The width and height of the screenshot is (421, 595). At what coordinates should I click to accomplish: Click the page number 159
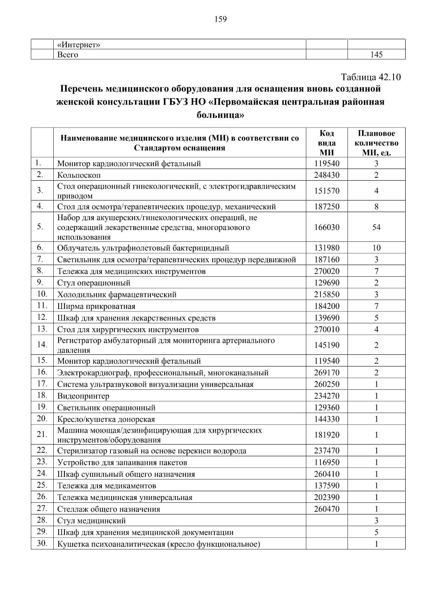(x=221, y=19)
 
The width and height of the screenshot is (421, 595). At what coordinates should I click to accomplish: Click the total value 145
(x=376, y=55)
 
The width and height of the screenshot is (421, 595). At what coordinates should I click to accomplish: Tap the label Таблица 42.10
(x=370, y=77)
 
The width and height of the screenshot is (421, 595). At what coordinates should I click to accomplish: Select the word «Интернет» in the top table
(x=79, y=45)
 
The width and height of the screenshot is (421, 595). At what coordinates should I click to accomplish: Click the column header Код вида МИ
(x=327, y=143)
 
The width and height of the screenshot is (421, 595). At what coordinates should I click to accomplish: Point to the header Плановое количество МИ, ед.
(x=376, y=143)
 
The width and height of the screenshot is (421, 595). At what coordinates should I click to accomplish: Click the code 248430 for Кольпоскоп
(x=327, y=175)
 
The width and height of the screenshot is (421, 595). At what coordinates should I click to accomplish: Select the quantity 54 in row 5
(x=376, y=228)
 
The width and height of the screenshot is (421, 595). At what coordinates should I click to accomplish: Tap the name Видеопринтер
(x=83, y=396)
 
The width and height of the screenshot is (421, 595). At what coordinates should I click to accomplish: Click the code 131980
(x=327, y=248)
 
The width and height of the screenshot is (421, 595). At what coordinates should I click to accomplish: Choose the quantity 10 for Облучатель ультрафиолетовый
(x=376, y=248)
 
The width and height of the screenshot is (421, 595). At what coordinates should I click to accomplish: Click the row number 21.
(x=42, y=435)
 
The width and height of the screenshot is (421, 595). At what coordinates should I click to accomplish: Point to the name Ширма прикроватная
(x=96, y=306)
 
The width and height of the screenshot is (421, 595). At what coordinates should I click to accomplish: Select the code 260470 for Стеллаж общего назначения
(x=327, y=509)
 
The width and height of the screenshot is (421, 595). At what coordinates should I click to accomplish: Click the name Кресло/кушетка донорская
(x=106, y=419)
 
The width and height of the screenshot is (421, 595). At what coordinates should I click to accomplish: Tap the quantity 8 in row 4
(x=376, y=207)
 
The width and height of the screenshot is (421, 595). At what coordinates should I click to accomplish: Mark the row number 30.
(x=42, y=544)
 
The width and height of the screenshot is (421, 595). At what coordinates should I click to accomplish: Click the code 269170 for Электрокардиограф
(x=327, y=373)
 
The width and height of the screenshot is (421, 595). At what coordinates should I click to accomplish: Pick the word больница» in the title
(x=220, y=115)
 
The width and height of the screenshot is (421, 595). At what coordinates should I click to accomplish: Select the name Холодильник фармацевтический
(x=117, y=295)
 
